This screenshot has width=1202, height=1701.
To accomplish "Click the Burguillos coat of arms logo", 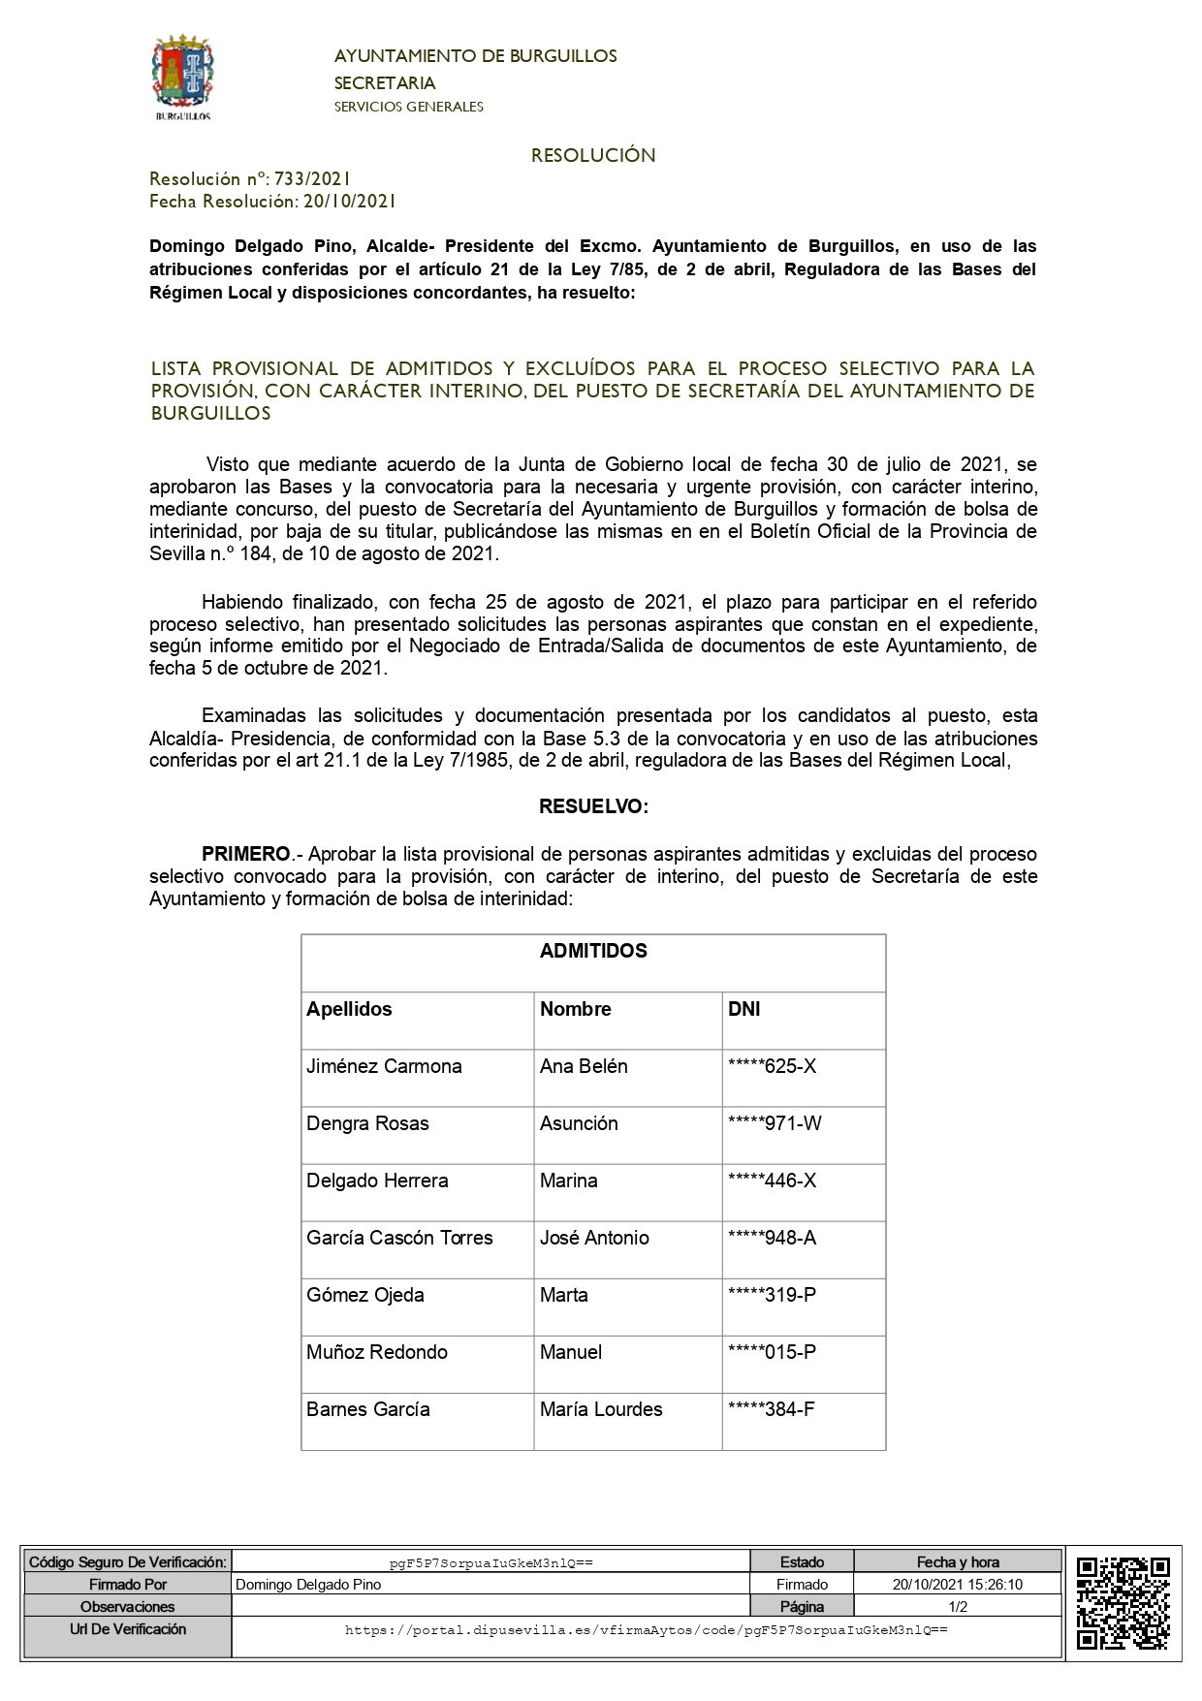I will tap(182, 78).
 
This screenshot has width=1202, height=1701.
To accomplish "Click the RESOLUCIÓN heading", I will tap(593, 155).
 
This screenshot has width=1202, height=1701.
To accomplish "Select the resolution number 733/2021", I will tap(312, 178).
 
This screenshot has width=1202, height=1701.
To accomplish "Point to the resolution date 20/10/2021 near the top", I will tap(349, 202).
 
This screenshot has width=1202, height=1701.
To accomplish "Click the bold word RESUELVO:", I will tap(593, 806).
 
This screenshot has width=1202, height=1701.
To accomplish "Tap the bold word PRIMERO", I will tap(246, 854).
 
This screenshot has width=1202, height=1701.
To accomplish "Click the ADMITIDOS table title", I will tap(593, 951).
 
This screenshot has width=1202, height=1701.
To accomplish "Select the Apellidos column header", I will tap(349, 1009).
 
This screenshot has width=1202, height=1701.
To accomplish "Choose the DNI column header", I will tap(743, 1009).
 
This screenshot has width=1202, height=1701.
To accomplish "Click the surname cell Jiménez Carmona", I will tap(384, 1066).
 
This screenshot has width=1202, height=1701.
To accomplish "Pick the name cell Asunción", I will tap(579, 1123).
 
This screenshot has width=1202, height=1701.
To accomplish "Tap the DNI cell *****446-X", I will tap(772, 1181).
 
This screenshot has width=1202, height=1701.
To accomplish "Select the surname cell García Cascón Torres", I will tap(399, 1238).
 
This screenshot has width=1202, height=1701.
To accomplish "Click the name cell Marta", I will tap(563, 1295).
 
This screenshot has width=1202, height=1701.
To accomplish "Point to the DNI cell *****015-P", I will tap(772, 1352).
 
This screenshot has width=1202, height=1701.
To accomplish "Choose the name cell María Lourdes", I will tap(601, 1409).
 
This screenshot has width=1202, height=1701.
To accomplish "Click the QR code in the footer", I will tap(1123, 1602).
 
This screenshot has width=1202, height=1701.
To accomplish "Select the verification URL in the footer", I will tap(646, 1630).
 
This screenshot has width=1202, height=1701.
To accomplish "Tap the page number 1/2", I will tap(958, 1607).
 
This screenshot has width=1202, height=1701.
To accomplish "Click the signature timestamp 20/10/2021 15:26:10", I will tap(958, 1585).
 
